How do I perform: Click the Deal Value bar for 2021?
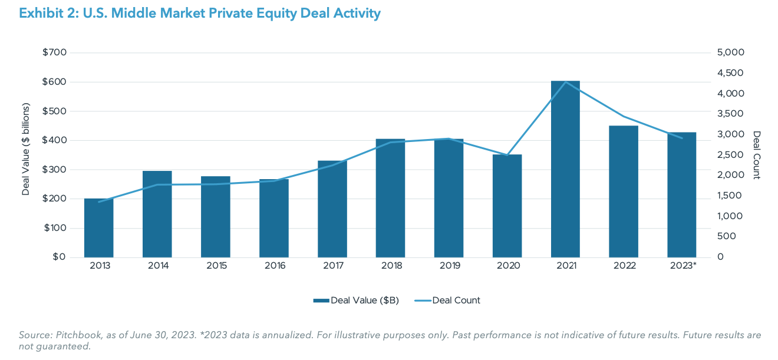point(565,171)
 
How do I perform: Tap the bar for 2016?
point(273,219)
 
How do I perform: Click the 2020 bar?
point(507,206)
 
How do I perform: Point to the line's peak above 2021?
point(565,82)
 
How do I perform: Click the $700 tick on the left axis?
point(54,53)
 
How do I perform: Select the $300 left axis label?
point(54,170)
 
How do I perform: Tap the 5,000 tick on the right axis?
point(730,53)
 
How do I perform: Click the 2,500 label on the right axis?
point(730,155)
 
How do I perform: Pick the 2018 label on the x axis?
point(391,266)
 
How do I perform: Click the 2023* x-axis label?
point(683,266)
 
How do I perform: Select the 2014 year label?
point(157,266)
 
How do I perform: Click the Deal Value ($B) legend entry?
point(357,300)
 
